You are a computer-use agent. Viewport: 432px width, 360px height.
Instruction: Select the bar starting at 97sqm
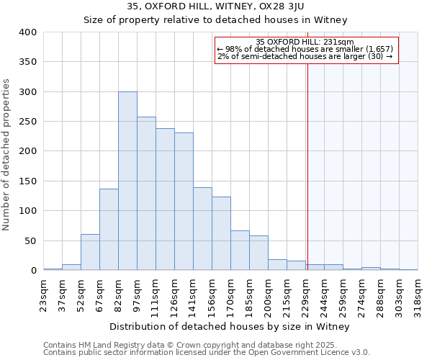(146, 194)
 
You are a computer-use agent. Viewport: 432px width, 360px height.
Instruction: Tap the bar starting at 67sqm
(109, 230)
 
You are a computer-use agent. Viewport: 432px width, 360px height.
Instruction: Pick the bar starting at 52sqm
(90, 252)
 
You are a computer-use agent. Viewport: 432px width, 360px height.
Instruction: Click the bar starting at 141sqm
(202, 229)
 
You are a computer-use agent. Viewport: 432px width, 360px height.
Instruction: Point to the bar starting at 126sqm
(184, 202)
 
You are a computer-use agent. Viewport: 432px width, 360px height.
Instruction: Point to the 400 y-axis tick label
(28, 32)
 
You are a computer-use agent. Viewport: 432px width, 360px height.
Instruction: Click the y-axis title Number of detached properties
(6, 151)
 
